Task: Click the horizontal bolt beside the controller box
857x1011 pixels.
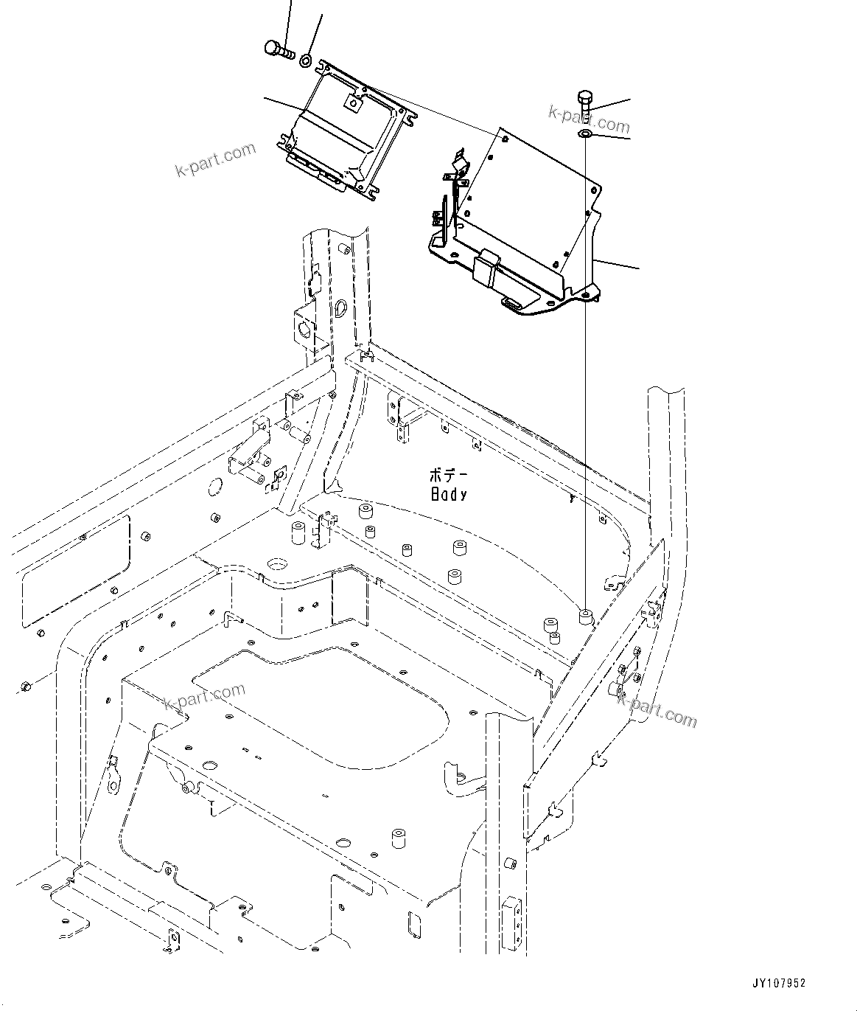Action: tap(278, 50)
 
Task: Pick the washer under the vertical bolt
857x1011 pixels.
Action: tap(584, 133)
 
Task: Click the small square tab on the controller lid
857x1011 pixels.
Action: tap(352, 104)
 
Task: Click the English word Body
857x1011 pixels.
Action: tap(449, 495)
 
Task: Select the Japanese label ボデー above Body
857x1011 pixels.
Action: tap(449, 476)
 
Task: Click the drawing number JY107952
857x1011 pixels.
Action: tap(779, 983)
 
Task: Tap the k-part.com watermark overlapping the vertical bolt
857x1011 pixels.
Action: tap(589, 118)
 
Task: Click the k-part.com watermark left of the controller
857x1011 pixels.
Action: tap(215, 160)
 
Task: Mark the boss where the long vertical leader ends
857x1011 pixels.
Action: tap(586, 616)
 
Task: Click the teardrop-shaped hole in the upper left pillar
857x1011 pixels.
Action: tap(340, 308)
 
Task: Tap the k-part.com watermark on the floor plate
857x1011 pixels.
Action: tap(204, 697)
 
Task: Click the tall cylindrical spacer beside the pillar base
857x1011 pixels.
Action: tap(298, 532)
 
